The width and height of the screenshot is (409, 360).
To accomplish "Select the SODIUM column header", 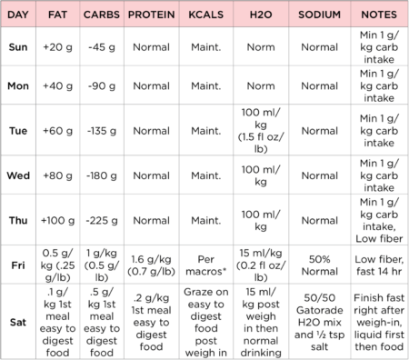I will (x=319, y=15).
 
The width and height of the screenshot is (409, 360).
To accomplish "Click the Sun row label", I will (x=18, y=45).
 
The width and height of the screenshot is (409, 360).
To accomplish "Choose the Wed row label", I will (x=18, y=175).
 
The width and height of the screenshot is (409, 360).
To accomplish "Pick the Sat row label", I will (x=18, y=321).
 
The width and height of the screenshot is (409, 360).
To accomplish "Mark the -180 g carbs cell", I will (x=100, y=175).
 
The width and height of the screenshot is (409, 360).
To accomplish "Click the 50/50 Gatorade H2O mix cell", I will (x=319, y=321).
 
